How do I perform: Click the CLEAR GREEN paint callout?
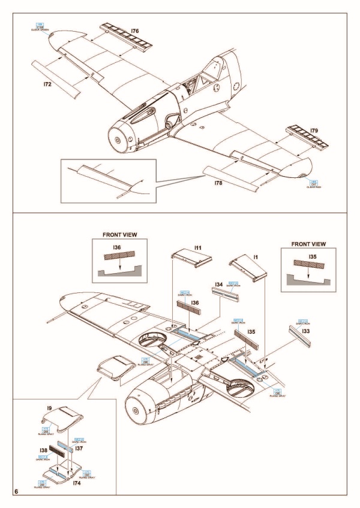40,28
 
